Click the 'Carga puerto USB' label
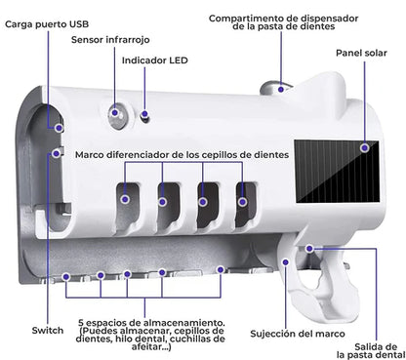[47, 24]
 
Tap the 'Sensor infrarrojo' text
[110, 40]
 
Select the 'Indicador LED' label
[155, 60]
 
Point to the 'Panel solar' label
[361, 53]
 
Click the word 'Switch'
[48, 331]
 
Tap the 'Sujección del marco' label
[298, 334]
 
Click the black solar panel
[337, 172]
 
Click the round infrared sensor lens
[117, 115]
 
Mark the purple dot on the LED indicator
[144, 114]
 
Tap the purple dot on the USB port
[59, 128]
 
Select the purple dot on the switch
[57, 153]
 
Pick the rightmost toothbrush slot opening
[246, 205]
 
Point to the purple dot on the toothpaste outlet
[309, 249]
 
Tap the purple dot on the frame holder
[286, 262]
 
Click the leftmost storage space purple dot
[66, 277]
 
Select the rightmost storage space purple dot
[221, 269]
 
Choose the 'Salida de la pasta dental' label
[371, 351]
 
